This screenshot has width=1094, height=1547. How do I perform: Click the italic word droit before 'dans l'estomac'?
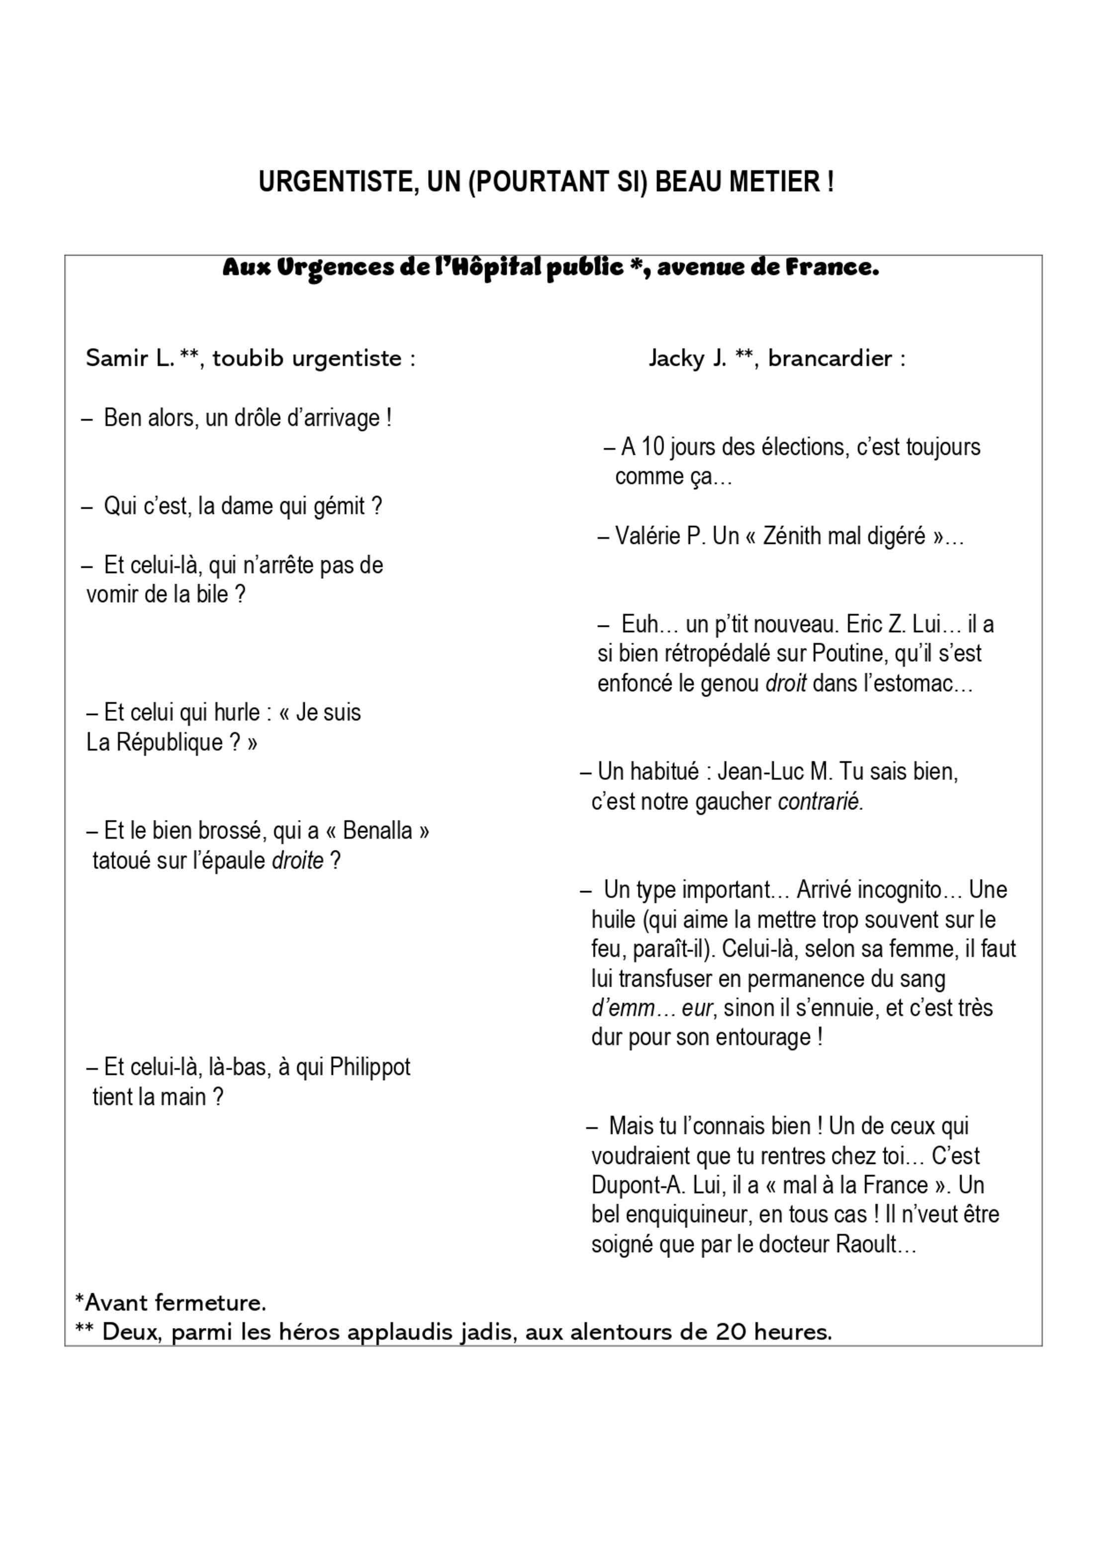(786, 684)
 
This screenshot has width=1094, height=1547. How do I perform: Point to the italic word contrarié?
(820, 802)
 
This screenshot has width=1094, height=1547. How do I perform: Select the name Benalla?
(377, 830)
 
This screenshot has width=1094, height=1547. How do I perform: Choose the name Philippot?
(370, 1067)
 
